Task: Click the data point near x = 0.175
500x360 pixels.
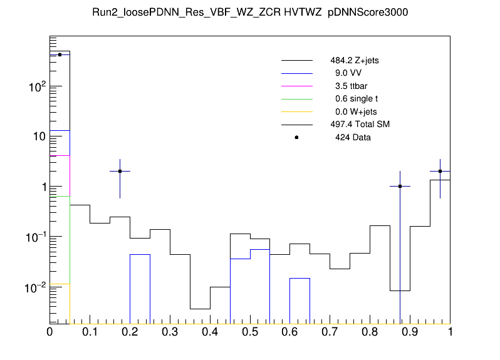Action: tap(120, 171)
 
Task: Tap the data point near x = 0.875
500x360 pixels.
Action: tap(400, 186)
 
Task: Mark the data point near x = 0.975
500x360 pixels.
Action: tap(440, 171)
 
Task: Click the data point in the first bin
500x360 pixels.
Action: tap(60, 54)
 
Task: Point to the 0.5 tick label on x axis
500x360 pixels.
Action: tap(249, 332)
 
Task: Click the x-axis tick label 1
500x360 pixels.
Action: tap(450, 332)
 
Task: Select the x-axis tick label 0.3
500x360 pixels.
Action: tap(170, 332)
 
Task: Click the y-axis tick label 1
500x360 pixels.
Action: tap(42, 187)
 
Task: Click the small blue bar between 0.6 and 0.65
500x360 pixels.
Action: tap(299, 301)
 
